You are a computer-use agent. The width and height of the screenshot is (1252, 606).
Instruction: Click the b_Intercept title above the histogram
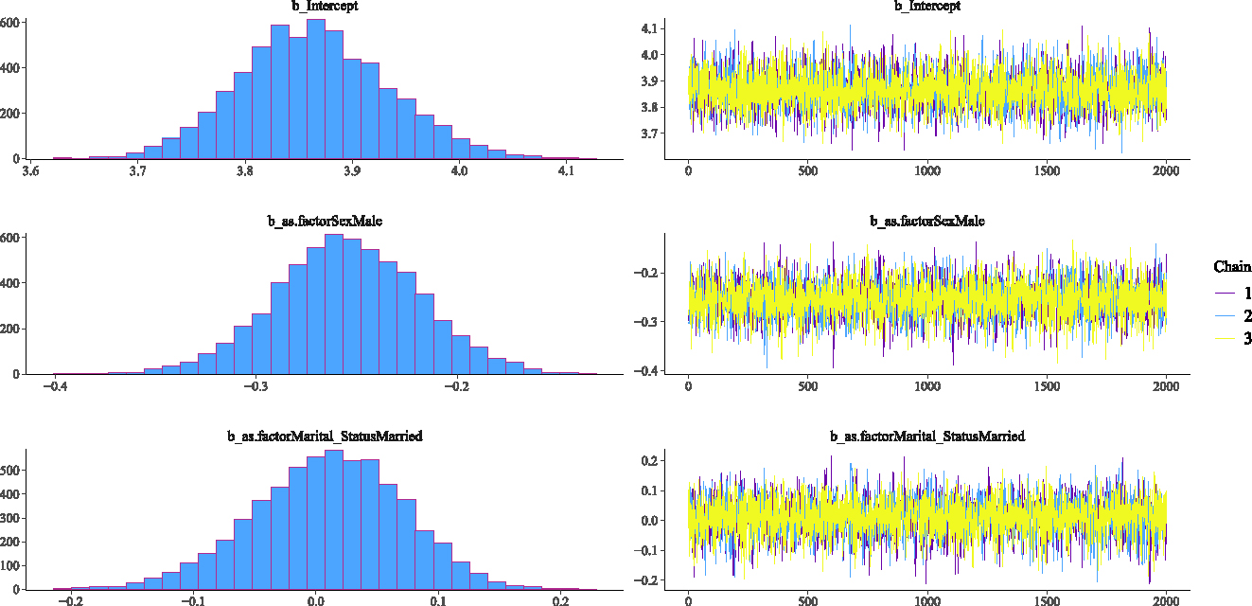(325, 7)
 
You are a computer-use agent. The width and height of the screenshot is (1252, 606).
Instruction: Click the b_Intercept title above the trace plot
(927, 7)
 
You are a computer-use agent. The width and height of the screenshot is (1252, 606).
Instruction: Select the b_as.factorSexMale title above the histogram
(325, 222)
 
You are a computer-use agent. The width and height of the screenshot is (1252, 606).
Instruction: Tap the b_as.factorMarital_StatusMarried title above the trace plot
(927, 437)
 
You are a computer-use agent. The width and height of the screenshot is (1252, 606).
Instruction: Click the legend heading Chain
(1232, 268)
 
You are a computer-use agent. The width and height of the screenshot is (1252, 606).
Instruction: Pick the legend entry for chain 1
(1233, 294)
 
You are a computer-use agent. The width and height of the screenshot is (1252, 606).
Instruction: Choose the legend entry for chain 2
(1233, 316)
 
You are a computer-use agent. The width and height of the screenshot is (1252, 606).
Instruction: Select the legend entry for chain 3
(1233, 339)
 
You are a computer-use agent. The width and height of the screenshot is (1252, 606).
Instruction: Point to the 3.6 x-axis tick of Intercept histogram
(31, 171)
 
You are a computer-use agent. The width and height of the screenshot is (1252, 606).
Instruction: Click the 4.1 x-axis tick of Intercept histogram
(566, 171)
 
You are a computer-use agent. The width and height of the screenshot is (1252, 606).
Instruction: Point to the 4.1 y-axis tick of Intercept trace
(649, 29)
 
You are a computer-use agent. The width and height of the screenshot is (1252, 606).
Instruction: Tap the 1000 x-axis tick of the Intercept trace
(927, 171)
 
